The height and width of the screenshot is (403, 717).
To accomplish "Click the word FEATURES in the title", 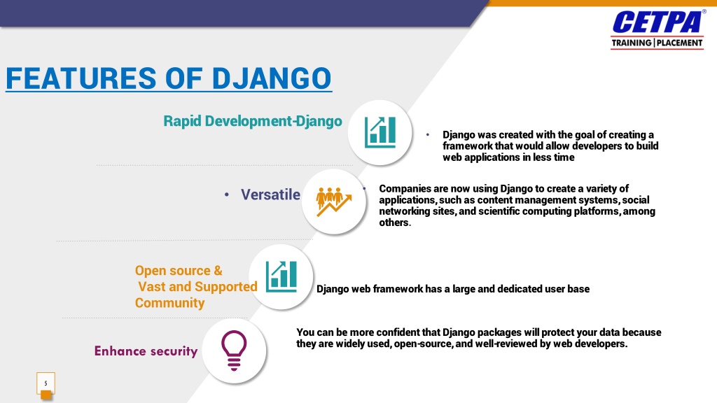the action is coord(81,78).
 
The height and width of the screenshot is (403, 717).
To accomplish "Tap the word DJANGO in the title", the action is coord(272,78).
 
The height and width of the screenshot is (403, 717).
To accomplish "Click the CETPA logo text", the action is coord(657,22).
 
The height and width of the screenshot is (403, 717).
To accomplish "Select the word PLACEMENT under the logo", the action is coord(679,43).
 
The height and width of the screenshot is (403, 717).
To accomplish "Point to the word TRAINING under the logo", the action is coord(632,43).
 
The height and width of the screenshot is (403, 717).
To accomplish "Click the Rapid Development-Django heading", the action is coord(253,121).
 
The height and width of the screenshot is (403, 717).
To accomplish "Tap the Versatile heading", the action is coord(271,195).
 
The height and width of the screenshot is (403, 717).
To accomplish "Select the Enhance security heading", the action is coord(146,351).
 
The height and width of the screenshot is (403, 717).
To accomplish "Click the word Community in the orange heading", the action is coord(169,303).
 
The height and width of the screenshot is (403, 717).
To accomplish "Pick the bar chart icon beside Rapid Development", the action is coord(380,132).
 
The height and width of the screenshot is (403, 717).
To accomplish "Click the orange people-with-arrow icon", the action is coord(334,201).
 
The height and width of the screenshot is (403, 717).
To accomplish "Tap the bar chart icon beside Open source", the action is coord(281,277).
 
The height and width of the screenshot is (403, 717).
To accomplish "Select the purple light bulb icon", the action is coord(234,351).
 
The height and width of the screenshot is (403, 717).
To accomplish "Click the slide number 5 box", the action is coord(46,383).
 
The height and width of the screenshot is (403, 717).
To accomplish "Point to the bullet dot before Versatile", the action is coord(227,195).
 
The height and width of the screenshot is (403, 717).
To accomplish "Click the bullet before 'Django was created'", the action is coord(428,135).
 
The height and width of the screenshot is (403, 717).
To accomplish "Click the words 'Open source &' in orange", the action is coord(179,271).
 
